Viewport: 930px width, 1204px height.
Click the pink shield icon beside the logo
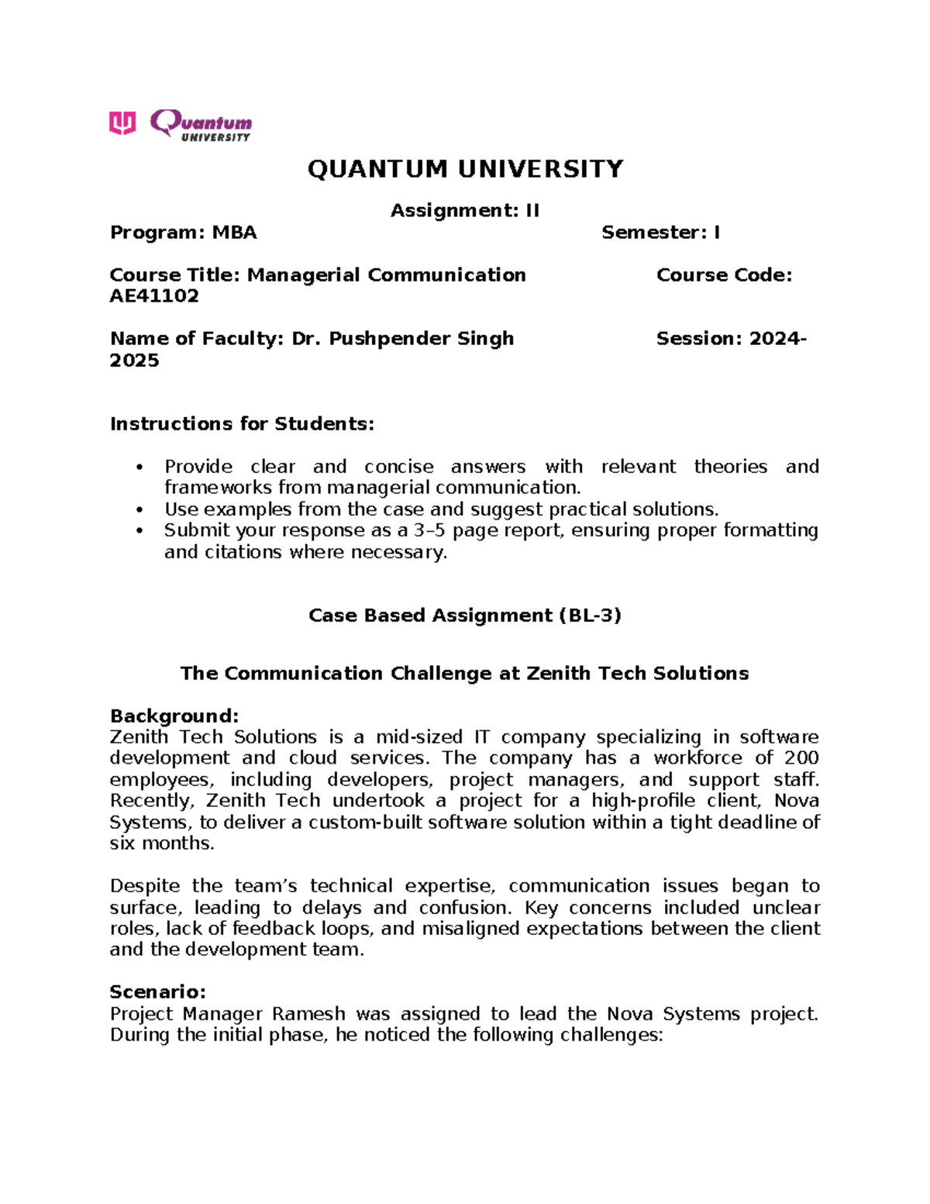[122, 122]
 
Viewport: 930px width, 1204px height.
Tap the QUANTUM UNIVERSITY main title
[465, 169]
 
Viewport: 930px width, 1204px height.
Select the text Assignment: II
[465, 211]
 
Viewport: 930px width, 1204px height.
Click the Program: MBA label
[183, 233]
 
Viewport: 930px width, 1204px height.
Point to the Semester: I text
[660, 233]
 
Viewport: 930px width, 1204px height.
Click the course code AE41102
[154, 296]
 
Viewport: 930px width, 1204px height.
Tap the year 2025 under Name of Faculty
[134, 361]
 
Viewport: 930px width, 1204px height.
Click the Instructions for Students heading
[242, 424]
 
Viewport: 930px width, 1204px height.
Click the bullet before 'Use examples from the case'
[139, 510]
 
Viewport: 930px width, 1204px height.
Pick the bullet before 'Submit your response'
[139, 531]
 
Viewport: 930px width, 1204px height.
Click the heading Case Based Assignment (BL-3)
[465, 616]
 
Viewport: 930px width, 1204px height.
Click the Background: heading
[174, 716]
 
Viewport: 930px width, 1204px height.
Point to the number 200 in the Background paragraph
[801, 758]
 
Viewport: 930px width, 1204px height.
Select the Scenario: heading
[157, 992]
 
